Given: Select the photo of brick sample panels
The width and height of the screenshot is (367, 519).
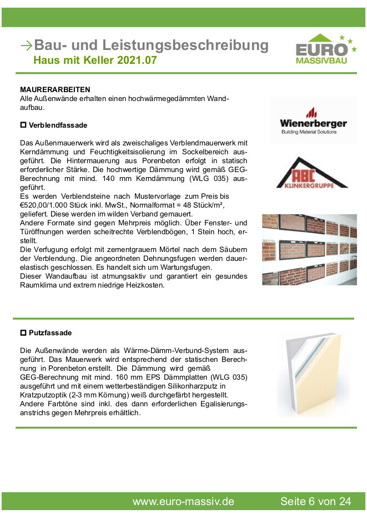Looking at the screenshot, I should (x=309, y=250).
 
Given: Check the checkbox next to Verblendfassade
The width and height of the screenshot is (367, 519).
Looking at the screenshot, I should (x=23, y=125).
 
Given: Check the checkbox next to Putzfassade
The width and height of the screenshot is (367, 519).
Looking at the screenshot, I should (x=23, y=333).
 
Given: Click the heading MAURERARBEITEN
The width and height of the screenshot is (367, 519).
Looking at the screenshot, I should (x=55, y=89).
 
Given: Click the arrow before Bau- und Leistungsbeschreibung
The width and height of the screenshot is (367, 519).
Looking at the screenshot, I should (x=26, y=46).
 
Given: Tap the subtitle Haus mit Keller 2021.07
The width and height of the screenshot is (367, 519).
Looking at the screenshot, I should (x=95, y=60).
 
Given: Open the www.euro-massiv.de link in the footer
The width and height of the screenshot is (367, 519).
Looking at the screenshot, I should (x=183, y=501).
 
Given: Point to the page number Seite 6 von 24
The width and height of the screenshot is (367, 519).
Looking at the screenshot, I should (x=315, y=501).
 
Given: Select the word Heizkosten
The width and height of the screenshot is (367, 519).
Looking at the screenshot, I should (x=145, y=285).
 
